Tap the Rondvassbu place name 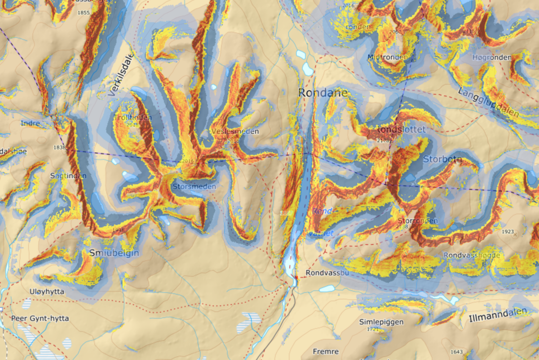327,272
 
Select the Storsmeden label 194,186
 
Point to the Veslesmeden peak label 236,132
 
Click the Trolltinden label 133,118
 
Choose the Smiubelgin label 114,253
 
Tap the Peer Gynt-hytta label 40,318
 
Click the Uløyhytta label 47,292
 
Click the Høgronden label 492,57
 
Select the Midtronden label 387,57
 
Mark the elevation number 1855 84,13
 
